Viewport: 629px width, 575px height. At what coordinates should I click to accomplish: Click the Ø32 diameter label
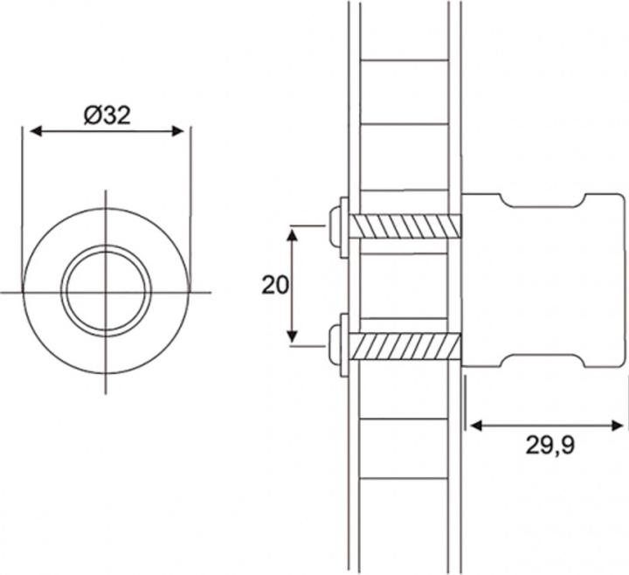point(107,115)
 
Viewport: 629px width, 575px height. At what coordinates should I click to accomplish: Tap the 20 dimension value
point(275,285)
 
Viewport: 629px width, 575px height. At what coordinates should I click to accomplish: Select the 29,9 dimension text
point(550,446)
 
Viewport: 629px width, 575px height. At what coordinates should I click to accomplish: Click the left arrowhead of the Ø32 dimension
point(36,131)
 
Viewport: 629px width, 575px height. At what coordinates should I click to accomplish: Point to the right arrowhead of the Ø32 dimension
point(177,131)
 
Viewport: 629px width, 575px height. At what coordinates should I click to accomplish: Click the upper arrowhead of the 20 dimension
point(293,234)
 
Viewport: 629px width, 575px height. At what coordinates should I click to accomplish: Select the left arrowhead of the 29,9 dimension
point(475,426)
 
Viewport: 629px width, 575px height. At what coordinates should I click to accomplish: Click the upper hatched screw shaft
point(405,226)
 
